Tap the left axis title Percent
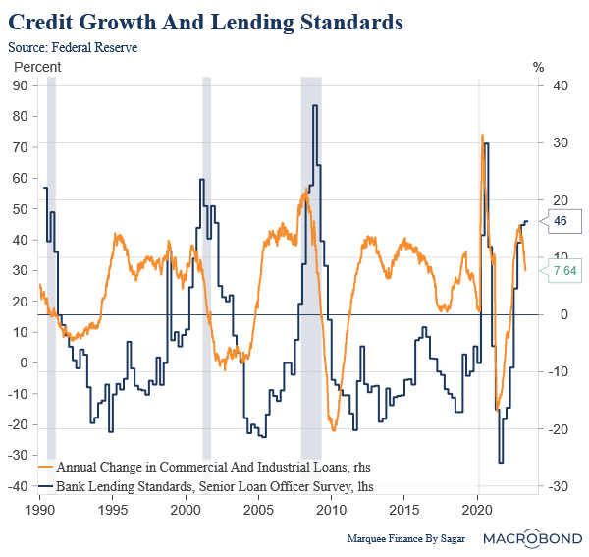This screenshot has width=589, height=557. click(36, 67)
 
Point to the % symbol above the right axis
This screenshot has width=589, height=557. click(538, 67)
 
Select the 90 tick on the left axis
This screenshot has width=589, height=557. click(19, 85)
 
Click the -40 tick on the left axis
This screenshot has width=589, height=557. click(19, 486)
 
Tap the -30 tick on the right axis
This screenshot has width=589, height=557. click(560, 486)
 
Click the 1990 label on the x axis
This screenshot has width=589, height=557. click(40, 512)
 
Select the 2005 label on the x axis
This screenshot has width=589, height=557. click(258, 512)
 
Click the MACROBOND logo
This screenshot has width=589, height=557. click(537, 537)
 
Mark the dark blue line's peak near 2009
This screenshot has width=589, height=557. click(315, 105)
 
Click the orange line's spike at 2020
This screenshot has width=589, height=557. click(481, 135)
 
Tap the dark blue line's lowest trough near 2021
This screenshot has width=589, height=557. click(501, 463)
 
